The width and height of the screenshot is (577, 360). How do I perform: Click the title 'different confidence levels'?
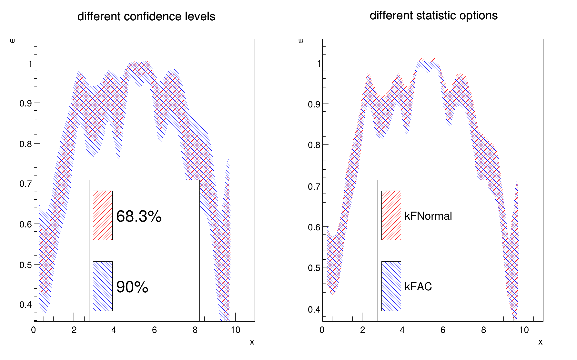146,16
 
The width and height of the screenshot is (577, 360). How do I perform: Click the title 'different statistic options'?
433,15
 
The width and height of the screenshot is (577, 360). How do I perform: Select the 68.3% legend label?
139,216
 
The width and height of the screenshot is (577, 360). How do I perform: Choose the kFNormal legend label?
428,216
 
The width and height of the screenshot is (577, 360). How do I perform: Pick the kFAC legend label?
418,286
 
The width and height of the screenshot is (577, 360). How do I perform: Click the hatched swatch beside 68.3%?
103,215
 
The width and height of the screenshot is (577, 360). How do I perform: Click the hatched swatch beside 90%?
103,286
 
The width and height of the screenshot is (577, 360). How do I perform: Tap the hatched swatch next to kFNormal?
391,215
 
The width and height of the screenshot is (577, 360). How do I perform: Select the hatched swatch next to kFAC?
391,286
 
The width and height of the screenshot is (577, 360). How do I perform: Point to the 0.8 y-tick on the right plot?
314,145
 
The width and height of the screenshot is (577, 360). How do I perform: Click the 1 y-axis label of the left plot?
30,63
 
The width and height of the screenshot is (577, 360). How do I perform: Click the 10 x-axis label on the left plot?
235,330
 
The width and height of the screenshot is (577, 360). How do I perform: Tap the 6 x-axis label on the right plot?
443,330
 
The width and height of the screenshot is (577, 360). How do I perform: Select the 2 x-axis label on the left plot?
74,330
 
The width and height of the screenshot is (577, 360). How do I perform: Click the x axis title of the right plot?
540,342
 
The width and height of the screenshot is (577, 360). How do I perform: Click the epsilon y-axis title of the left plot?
13,41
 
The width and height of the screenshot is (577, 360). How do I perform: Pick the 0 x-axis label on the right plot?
322,330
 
